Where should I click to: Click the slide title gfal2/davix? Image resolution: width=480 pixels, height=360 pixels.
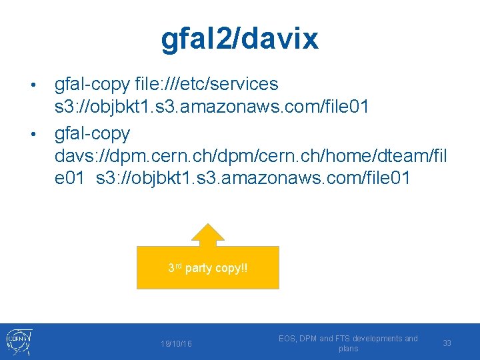point(239,39)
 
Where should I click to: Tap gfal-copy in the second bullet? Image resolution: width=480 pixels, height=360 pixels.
point(92,133)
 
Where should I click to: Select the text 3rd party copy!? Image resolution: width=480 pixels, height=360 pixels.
point(207,268)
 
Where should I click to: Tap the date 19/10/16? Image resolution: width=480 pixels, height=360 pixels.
point(176,343)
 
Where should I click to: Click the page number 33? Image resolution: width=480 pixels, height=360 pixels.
point(447,343)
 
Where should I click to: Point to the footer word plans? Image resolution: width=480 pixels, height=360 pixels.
point(348,349)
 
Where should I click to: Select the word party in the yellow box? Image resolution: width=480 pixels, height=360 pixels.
point(198,269)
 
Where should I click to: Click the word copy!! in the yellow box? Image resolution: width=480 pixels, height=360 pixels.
point(231,269)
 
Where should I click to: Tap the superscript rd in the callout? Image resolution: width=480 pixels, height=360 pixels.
point(177,265)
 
